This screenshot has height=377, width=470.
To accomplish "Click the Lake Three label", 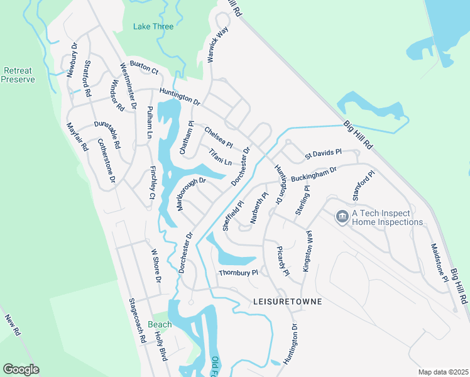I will click(x=153, y=26).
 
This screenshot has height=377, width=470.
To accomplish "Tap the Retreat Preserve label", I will click(x=18, y=75).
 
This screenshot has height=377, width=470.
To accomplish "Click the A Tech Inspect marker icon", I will click(x=342, y=217).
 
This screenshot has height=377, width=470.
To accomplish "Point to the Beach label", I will click(x=160, y=324).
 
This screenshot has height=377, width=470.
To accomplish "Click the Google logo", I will click(x=21, y=369).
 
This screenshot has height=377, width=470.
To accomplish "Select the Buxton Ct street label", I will click(x=143, y=65).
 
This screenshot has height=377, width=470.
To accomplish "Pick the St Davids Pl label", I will click(x=323, y=153).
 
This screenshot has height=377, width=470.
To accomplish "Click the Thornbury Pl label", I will click(x=238, y=273).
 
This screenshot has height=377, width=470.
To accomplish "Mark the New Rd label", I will click(x=14, y=325).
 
